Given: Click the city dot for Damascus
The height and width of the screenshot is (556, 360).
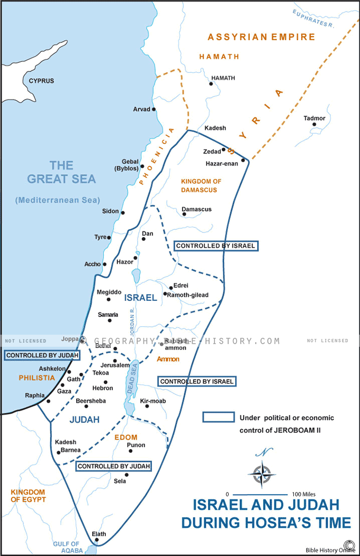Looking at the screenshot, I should pos(184,214).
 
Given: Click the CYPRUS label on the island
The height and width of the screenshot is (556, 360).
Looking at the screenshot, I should pos(41,81).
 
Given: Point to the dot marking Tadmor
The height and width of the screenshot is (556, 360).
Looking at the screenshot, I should pos(314,124).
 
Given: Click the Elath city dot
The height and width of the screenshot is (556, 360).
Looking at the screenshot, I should pos(95,540).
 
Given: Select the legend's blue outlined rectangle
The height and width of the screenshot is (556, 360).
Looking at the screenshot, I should pos(218,417).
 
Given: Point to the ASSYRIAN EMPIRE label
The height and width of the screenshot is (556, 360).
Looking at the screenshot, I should pos(261,37).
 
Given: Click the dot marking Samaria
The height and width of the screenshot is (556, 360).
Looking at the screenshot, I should pos(110,320).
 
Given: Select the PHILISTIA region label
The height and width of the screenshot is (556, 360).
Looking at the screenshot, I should pos(37,378).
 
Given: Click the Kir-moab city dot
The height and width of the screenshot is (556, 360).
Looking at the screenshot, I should pos(145,408).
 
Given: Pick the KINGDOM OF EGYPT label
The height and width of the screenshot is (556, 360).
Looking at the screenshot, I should pos(28,496).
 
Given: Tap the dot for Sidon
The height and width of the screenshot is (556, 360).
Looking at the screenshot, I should pos(123,212).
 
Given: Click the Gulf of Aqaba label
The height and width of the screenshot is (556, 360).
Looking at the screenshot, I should pos(66,548).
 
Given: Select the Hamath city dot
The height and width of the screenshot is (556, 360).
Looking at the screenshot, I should pos(212,85).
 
